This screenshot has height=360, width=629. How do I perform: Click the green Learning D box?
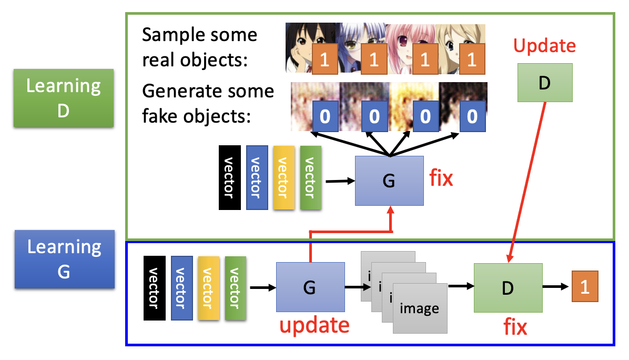point(64,98)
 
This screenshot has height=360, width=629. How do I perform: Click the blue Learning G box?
point(64,258)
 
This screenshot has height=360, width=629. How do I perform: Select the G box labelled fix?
point(389,181)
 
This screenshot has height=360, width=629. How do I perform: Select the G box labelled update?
point(310,287)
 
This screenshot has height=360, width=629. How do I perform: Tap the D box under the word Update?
point(545,82)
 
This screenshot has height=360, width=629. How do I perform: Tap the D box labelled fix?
point(508,288)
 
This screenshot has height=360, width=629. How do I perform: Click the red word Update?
point(544,46)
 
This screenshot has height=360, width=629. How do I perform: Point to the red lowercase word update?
point(314,325)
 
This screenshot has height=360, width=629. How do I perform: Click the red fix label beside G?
point(441,179)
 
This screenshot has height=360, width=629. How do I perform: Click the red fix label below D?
point(515,327)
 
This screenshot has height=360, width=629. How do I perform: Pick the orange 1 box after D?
point(585,287)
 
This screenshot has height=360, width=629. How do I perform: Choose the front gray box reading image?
point(420,308)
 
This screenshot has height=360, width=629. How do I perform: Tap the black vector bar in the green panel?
point(229,178)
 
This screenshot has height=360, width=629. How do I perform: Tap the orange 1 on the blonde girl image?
point(471,60)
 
